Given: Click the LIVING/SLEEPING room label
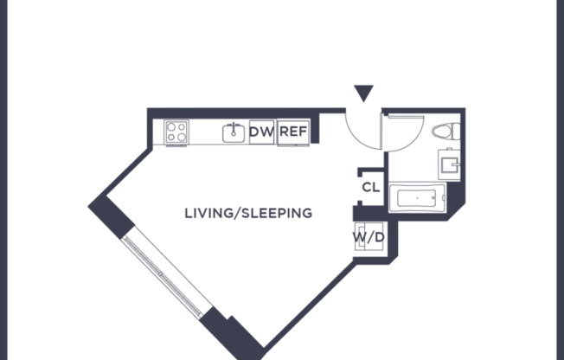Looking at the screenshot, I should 248,213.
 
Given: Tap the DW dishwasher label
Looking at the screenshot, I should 261,132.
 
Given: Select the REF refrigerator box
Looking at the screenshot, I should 293,132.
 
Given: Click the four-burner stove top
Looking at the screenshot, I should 177,132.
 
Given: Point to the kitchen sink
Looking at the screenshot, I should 233,132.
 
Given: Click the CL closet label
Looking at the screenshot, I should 371,187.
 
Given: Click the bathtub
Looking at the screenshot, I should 417,198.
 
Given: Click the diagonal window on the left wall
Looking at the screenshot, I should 167,273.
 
